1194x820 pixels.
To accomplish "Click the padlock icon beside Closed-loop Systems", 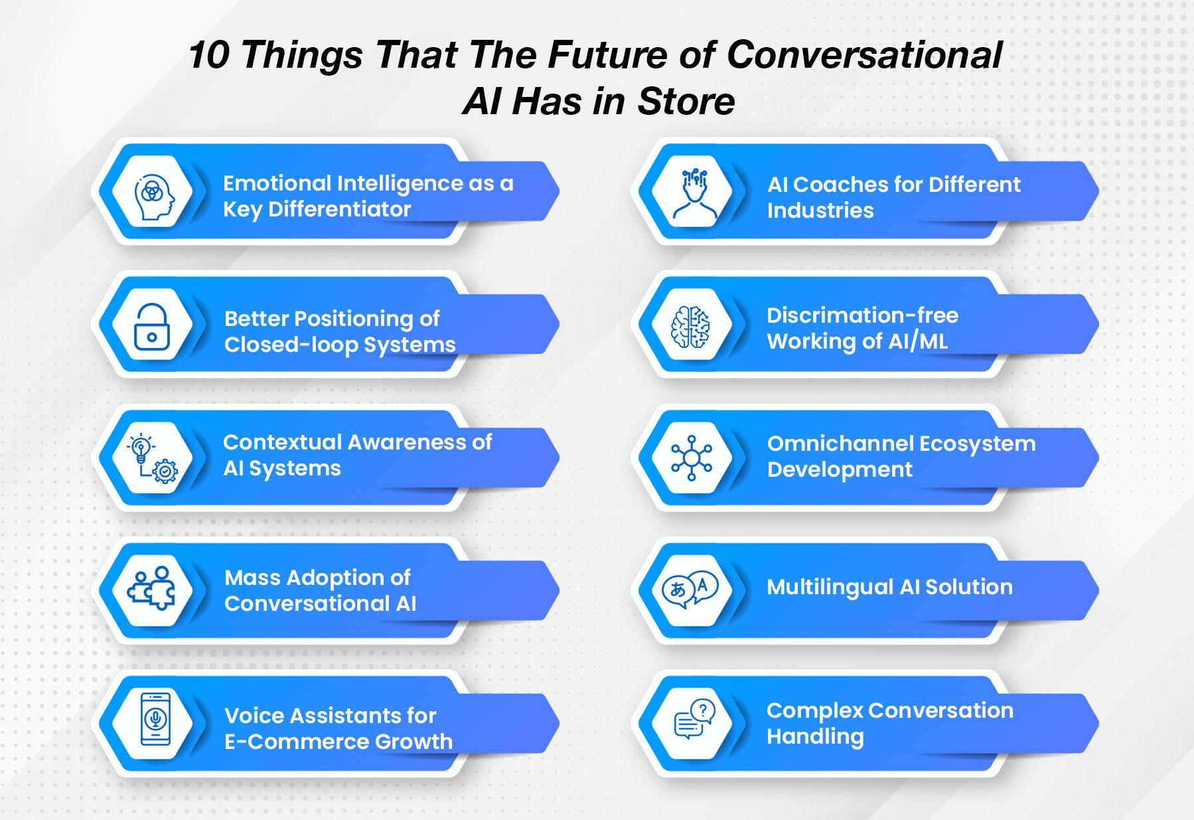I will (152, 327).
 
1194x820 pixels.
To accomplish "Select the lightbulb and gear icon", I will (153, 458).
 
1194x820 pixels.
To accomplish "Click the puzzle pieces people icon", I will (153, 589).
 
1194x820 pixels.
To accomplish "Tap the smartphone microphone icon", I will (155, 719).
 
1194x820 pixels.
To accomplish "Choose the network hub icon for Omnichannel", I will (692, 458).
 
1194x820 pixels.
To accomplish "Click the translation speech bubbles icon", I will (690, 588).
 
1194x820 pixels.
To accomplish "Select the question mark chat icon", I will (693, 719).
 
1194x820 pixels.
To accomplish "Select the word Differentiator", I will (339, 209).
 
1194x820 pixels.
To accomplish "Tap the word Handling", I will (815, 736).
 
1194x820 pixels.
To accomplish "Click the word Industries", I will (820, 210).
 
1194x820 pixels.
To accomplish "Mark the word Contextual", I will (282, 442).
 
